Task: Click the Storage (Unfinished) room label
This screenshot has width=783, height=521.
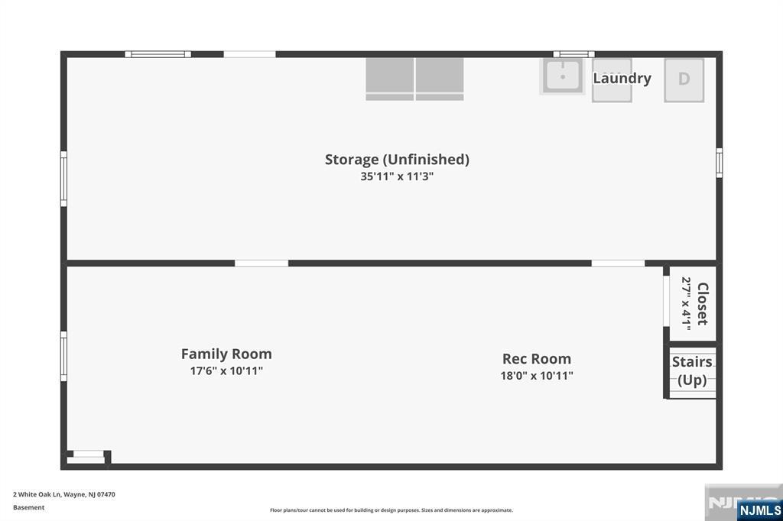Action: point(397,160)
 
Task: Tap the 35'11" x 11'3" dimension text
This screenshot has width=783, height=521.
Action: point(397,176)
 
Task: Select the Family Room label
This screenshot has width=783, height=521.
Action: point(226,354)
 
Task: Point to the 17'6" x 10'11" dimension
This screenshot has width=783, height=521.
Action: point(226,371)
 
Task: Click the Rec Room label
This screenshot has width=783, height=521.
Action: point(537,359)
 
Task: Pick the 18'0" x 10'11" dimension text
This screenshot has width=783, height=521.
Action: point(537,376)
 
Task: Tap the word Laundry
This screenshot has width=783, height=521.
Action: point(622,79)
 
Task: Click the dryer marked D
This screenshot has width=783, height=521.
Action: point(684,80)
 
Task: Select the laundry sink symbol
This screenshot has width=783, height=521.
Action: point(563,76)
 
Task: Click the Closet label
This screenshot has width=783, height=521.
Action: point(703,304)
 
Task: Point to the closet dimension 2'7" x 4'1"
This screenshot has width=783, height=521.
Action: point(686,304)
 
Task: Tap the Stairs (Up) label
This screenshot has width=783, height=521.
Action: point(692,371)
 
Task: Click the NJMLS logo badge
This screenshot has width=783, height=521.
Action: point(759,510)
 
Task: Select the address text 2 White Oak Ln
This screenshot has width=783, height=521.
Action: point(37,494)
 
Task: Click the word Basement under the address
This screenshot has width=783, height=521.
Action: point(28,507)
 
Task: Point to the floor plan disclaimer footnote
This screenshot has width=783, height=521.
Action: point(391,510)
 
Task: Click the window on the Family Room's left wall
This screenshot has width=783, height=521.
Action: point(64,356)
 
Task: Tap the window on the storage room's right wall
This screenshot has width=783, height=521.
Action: point(719,163)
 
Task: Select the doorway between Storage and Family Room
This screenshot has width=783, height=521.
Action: point(262,263)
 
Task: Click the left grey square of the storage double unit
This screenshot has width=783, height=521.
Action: point(389,79)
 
